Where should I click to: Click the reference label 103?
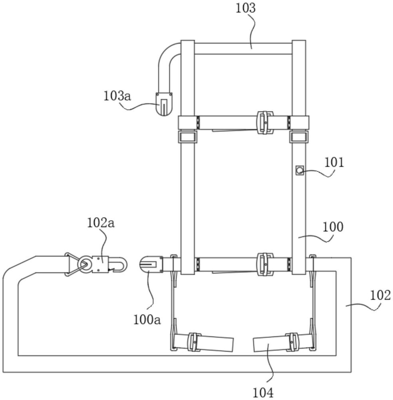click(246, 8)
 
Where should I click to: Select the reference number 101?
click(334, 162)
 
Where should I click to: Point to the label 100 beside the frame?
click(332, 227)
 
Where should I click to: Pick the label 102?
click(379, 295)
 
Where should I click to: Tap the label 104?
click(263, 392)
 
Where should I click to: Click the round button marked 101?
click(299, 171)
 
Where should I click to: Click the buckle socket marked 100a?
click(151, 265)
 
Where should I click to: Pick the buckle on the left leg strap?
click(194, 342)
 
